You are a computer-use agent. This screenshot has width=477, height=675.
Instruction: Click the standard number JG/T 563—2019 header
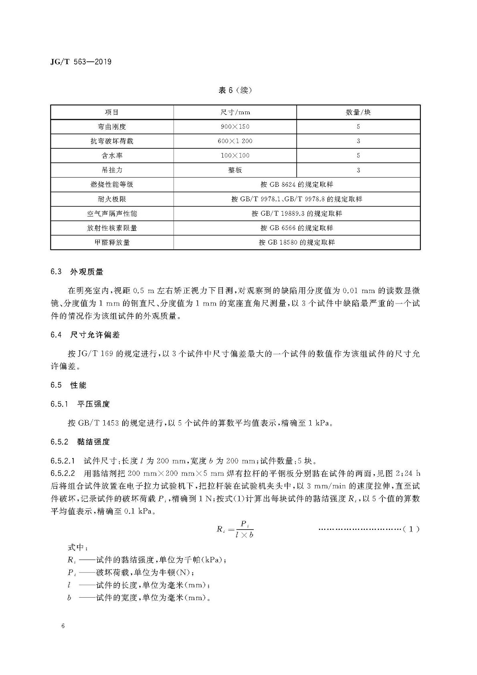pos(81,62)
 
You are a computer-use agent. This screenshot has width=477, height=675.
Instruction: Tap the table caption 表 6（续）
pos(235,90)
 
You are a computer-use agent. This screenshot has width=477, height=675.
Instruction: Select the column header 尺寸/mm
pos(235,112)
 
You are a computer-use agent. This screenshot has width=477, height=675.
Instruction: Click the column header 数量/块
pos(358,112)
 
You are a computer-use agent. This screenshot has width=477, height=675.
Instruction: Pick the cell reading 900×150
pos(235,127)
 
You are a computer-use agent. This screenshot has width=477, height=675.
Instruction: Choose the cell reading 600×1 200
pos(235,141)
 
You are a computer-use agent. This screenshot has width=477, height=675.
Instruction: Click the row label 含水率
pos(112,156)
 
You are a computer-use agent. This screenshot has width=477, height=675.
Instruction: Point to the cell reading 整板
pos(235,170)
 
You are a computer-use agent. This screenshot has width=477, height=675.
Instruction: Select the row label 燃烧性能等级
pos(112,184)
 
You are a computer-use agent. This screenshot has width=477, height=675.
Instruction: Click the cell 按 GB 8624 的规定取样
pos(297,184)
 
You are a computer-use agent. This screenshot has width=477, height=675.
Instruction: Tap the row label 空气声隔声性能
pos(112,214)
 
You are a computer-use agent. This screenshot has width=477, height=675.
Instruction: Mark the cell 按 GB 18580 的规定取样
pos(297,243)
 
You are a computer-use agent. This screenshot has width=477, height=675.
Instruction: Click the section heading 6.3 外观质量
pos(77,272)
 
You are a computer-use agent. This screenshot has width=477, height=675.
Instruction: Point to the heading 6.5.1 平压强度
pos(80,404)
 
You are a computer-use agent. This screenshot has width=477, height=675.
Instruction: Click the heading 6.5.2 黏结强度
pos(80,442)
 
